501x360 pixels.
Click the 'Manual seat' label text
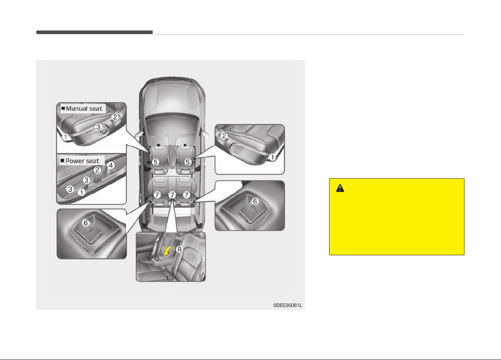pyautogui.click(x=84, y=108)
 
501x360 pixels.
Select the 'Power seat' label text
pyautogui.click(x=82, y=161)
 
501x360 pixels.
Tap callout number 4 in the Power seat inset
pyautogui.click(x=111, y=165)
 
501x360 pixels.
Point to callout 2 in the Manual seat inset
pyautogui.click(x=115, y=117)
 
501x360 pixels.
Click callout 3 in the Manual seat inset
pyautogui.click(x=98, y=127)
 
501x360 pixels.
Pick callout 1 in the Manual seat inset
pyautogui.click(x=65, y=137)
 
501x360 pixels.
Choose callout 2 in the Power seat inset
pyautogui.click(x=97, y=170)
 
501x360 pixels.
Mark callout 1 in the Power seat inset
pyautogui.click(x=81, y=192)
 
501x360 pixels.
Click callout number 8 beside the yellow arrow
pyautogui.click(x=179, y=249)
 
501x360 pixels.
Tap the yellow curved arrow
pyautogui.click(x=168, y=251)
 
